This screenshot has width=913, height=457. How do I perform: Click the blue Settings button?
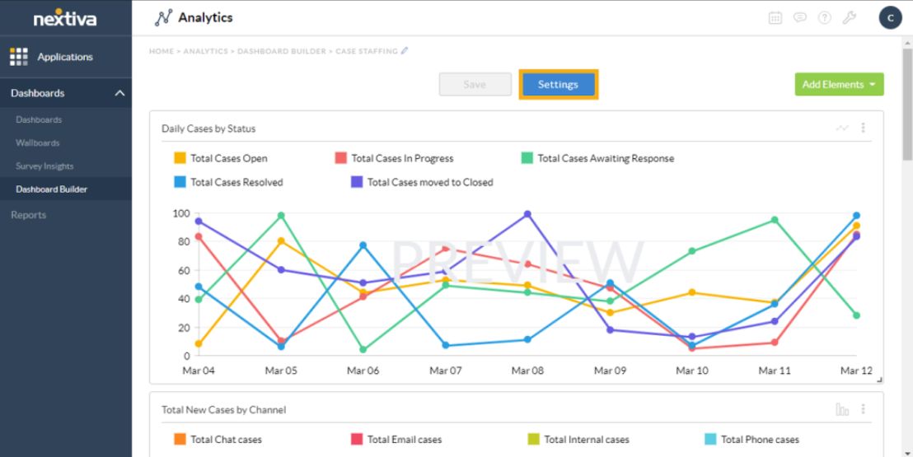558,85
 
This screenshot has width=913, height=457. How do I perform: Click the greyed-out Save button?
475,85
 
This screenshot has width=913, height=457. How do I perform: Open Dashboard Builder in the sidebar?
51,189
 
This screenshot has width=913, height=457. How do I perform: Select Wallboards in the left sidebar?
38,143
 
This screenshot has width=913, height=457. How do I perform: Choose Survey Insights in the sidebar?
44,166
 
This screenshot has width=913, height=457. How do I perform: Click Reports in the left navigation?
29,215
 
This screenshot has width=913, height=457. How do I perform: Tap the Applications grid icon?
18,57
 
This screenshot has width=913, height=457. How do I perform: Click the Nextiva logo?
65,17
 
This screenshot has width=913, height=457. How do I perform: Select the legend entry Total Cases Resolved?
228,182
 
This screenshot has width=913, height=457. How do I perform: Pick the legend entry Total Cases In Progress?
394,158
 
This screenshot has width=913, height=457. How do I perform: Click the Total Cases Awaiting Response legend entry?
597,158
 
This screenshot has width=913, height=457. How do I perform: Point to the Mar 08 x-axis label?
527,371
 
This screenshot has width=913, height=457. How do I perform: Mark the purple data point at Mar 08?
527,214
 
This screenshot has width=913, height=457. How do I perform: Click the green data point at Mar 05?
281,216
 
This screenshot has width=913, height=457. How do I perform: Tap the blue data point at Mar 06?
363,245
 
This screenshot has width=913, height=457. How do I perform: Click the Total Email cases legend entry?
396,440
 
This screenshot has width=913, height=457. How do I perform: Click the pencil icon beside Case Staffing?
405,51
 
